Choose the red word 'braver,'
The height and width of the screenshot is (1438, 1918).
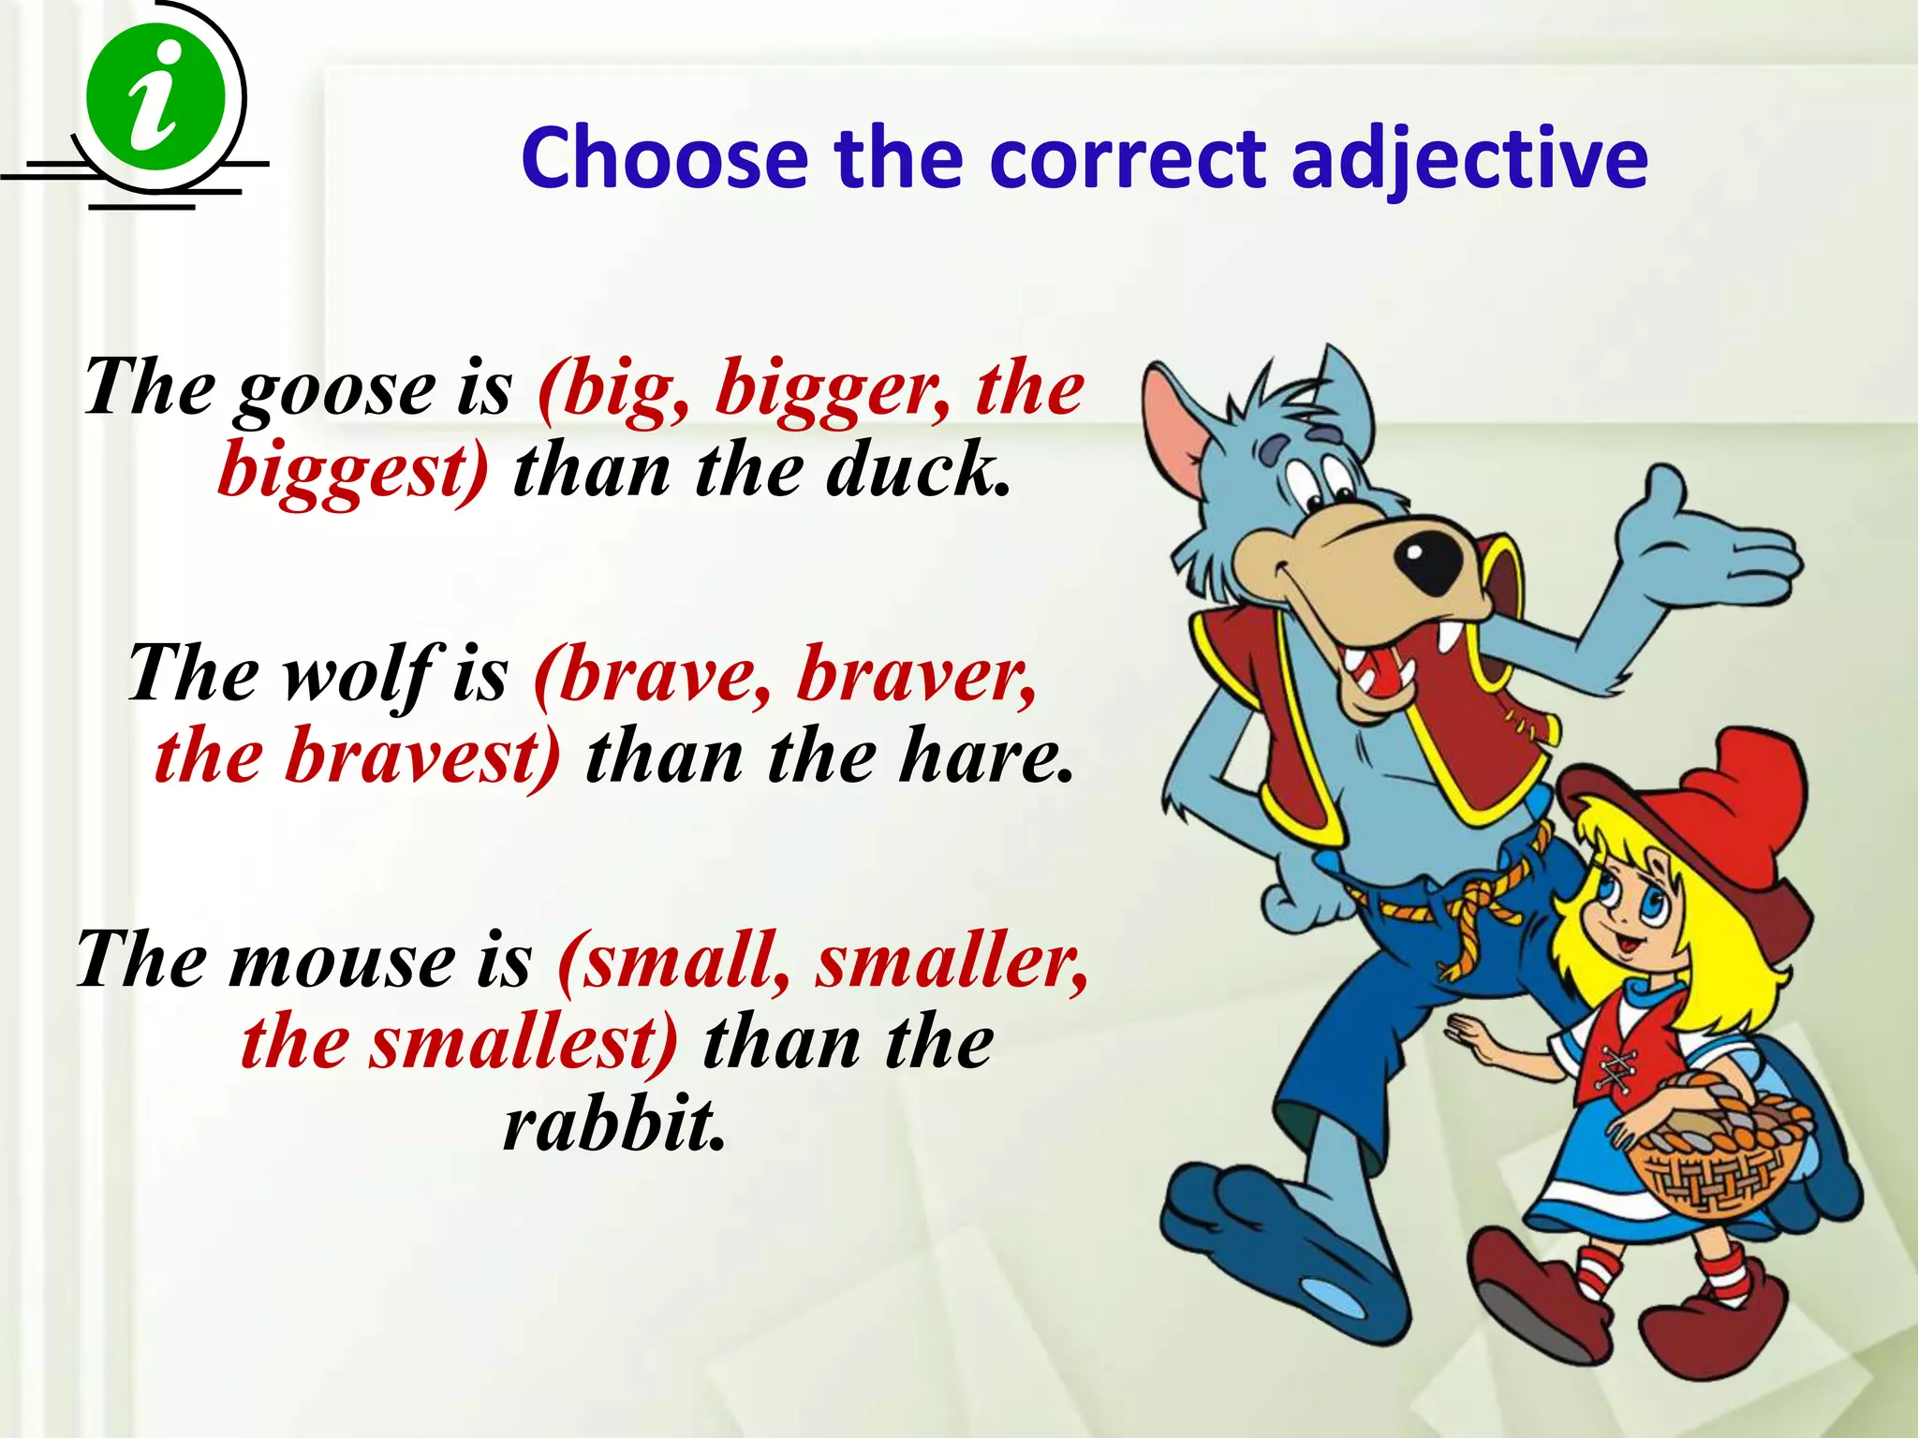pyautogui.click(x=917, y=674)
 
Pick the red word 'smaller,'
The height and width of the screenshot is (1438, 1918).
pyautogui.click(x=952, y=961)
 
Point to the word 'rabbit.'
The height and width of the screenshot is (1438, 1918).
pyautogui.click(x=614, y=1123)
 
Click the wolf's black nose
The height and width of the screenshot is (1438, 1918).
pyautogui.click(x=1427, y=564)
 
